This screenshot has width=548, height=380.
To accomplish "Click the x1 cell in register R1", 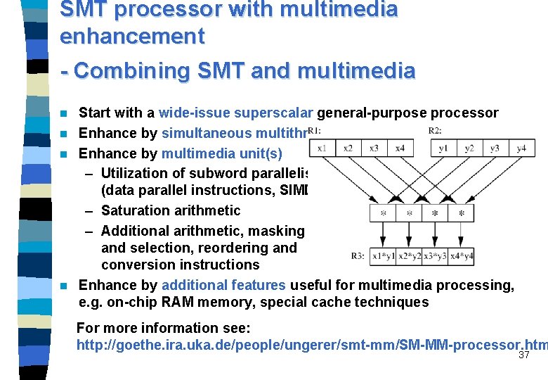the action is [x=322, y=148].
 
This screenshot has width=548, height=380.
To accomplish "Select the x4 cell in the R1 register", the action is [x=400, y=148].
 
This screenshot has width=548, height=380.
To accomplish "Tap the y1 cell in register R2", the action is [x=443, y=148].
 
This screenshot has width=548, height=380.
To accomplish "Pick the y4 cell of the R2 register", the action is [x=521, y=148].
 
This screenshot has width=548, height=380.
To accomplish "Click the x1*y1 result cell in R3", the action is [x=384, y=257].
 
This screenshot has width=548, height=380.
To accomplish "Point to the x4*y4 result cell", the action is [x=461, y=257].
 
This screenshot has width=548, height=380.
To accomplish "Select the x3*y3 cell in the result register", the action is [x=436, y=257].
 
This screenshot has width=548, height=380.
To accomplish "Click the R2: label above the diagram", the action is [x=435, y=130].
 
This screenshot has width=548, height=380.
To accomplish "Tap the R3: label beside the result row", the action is [x=358, y=256].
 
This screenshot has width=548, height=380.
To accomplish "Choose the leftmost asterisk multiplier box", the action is [x=384, y=213].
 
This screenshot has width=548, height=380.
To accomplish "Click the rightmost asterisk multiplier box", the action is [x=461, y=213].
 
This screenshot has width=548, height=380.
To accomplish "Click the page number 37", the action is [x=523, y=355].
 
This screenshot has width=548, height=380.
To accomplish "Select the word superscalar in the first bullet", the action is [x=275, y=113].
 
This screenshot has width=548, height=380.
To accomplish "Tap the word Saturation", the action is [x=136, y=210].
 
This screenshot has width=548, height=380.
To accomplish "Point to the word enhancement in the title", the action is [x=133, y=35].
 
